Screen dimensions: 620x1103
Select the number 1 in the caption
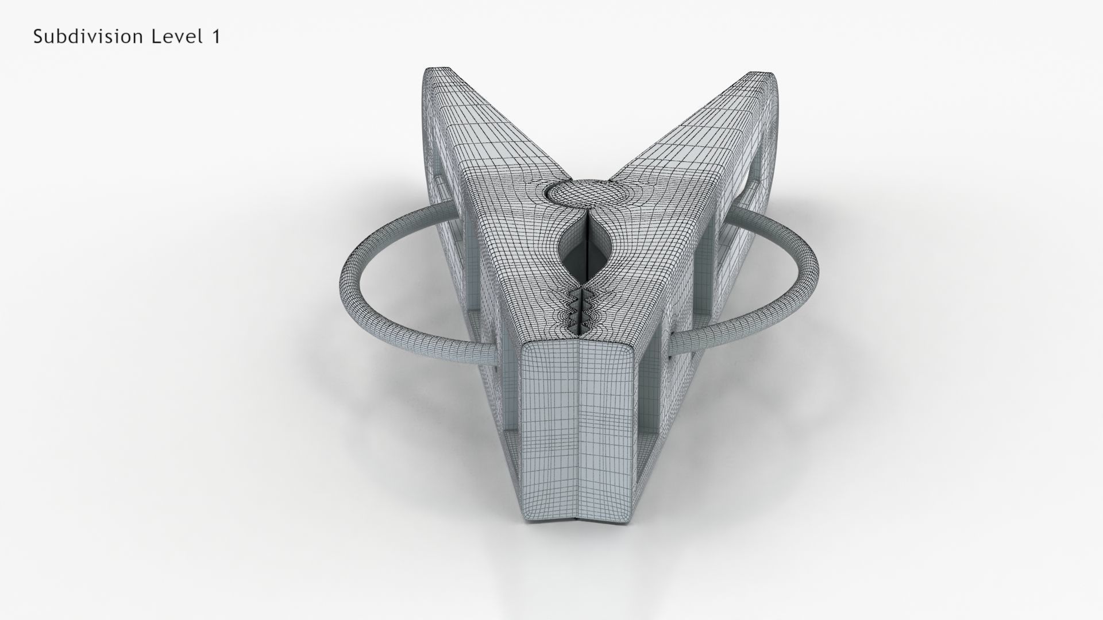(x=215, y=37)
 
